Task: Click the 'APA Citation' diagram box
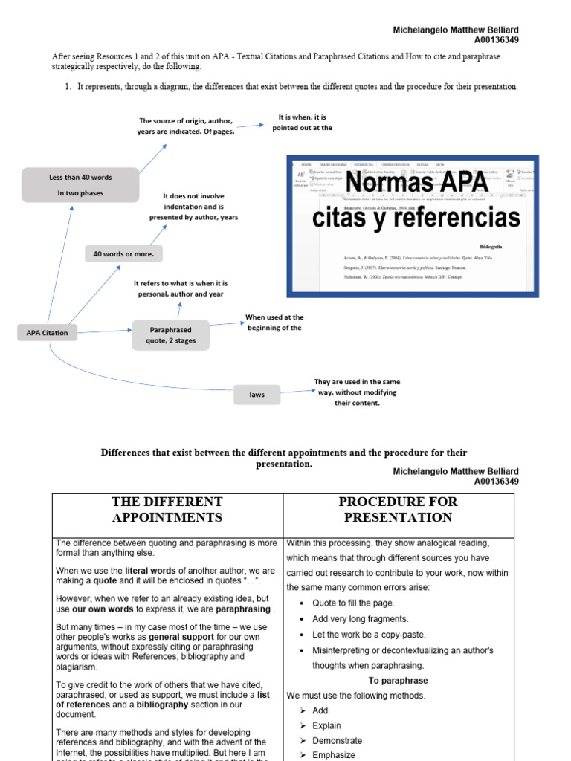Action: pyautogui.click(x=47, y=333)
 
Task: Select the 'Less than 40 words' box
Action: pyautogui.click(x=80, y=185)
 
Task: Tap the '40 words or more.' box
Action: pyautogui.click(x=123, y=253)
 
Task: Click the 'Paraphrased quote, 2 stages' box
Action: pyautogui.click(x=170, y=335)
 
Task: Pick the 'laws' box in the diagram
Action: pyautogui.click(x=257, y=395)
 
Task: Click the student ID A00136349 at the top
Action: pyautogui.click(x=496, y=40)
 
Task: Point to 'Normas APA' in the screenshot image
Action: pyautogui.click(x=417, y=183)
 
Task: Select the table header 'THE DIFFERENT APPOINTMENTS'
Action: pyautogui.click(x=167, y=509)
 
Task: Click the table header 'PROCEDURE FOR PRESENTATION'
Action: pyautogui.click(x=398, y=509)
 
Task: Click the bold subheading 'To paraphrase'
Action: pyautogui.click(x=398, y=680)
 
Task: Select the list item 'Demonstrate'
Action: pyautogui.click(x=337, y=740)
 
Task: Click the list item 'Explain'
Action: pyautogui.click(x=326, y=725)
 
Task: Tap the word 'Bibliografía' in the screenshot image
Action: pyautogui.click(x=490, y=245)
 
